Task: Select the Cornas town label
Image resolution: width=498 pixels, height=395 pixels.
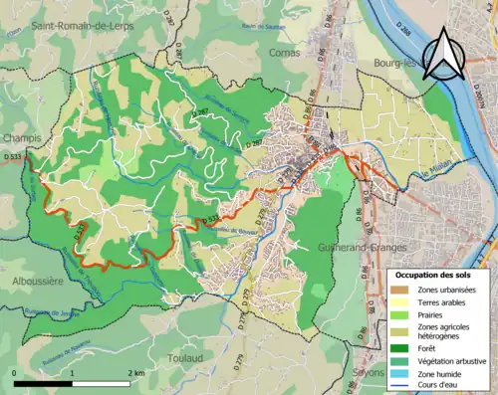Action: pyautogui.click(x=284, y=52)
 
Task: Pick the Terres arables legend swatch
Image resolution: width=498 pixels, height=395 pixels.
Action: pyautogui.click(x=400, y=302)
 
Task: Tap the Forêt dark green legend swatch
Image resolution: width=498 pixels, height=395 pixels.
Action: pyautogui.click(x=400, y=348)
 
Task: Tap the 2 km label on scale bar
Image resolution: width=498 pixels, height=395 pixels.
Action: pyautogui.click(x=135, y=372)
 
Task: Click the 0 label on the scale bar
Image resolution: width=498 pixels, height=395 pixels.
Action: pyautogui.click(x=15, y=372)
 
